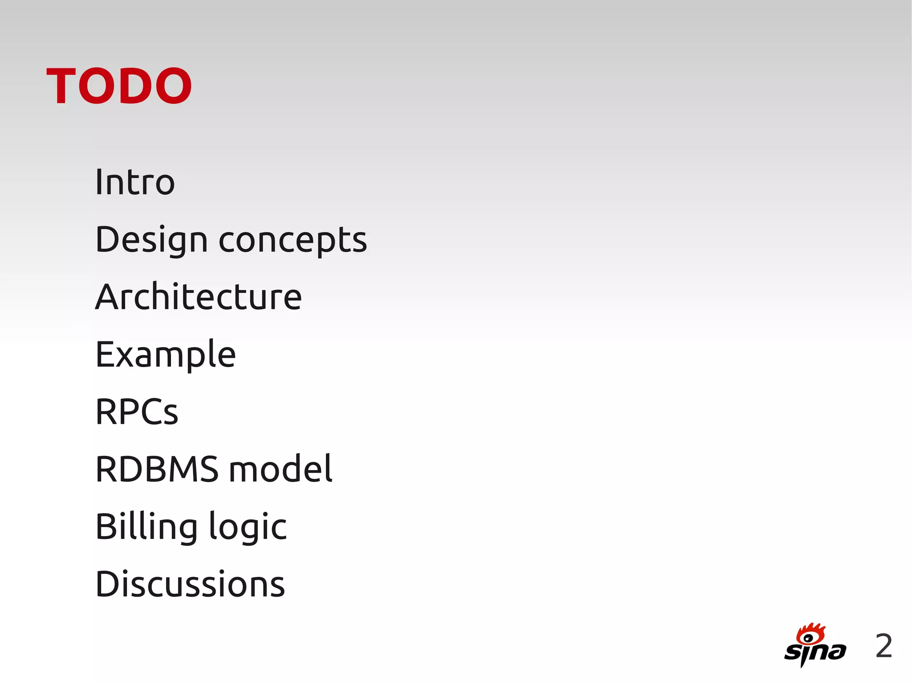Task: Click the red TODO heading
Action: pyautogui.click(x=119, y=86)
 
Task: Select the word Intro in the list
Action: pyautogui.click(x=135, y=182)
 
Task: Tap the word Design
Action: pyautogui.click(x=151, y=240)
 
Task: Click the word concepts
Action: pyautogui.click(x=293, y=240)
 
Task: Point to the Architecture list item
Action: pyautogui.click(x=199, y=297)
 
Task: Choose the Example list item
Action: pyautogui.click(x=166, y=355)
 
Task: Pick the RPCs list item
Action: pyautogui.click(x=137, y=412)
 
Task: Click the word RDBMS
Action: pyautogui.click(x=157, y=469)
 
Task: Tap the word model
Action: pyautogui.click(x=281, y=469)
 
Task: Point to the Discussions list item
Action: pyautogui.click(x=190, y=584)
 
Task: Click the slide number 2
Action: pyautogui.click(x=883, y=646)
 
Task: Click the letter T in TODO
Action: pyautogui.click(x=61, y=86)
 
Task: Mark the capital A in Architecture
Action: pyautogui.click(x=108, y=297)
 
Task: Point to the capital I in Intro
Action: pyautogui.click(x=99, y=182)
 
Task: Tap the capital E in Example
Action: pyautogui.click(x=106, y=355)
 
